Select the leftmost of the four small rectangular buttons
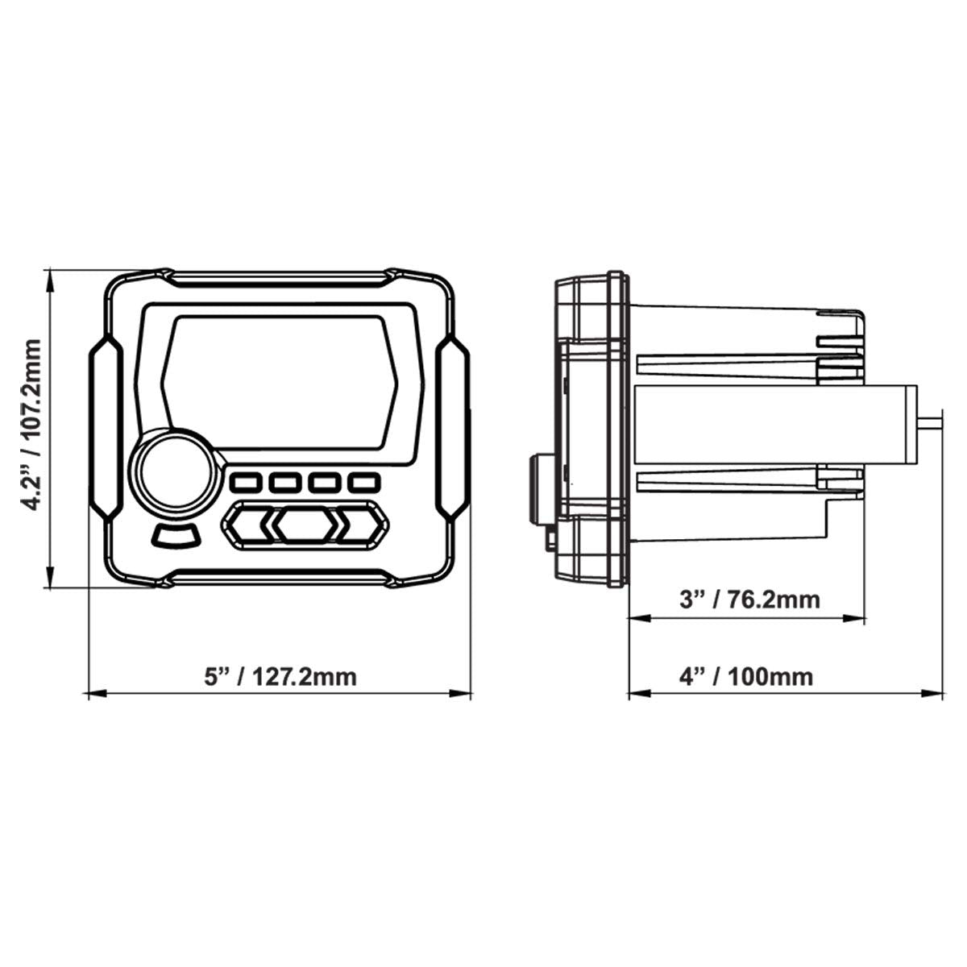click(245, 483)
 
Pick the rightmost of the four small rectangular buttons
click(363, 483)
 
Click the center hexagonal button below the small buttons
click(304, 525)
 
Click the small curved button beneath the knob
click(174, 536)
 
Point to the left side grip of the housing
click(105, 426)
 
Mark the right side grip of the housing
click(452, 426)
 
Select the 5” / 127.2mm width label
click(280, 675)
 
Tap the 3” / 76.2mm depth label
click(749, 600)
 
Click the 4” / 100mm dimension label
click(746, 675)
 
